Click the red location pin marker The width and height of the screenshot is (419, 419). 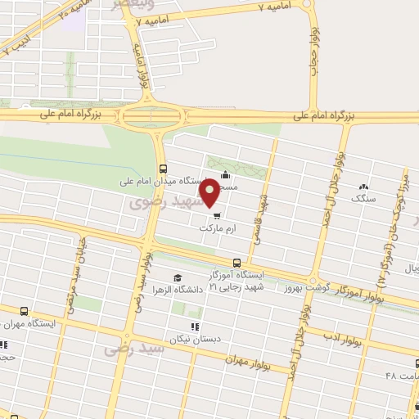coord(210,191)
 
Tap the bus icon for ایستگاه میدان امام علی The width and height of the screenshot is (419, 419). coord(162,169)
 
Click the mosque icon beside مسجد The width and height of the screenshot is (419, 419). coord(226,174)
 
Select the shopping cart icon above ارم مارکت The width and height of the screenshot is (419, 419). coord(216,218)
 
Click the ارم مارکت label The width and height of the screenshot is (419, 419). coord(217,231)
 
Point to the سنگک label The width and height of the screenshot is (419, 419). coord(361,199)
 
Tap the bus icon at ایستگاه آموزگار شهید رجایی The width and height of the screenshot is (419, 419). coord(237,263)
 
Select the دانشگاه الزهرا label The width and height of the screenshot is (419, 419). coord(191,291)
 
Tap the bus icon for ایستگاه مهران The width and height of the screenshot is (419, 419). coord(24,311)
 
